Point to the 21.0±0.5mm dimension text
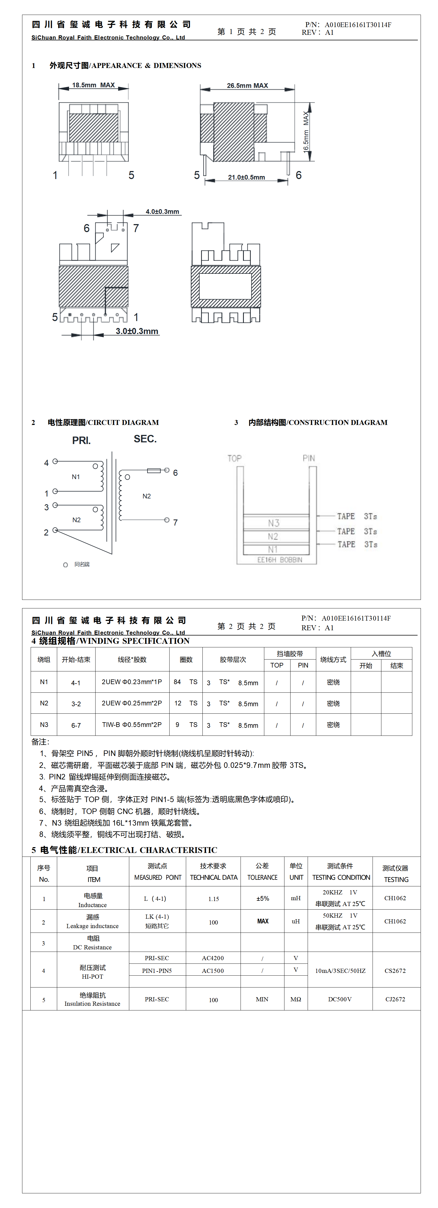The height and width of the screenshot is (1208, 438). (x=246, y=177)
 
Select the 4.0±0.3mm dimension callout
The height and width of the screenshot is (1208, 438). (x=162, y=211)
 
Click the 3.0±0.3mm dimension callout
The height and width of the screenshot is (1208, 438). (x=137, y=331)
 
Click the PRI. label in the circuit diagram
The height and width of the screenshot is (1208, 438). (x=81, y=440)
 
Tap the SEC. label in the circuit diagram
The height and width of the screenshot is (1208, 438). (x=145, y=439)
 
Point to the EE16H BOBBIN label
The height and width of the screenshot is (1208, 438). (x=279, y=560)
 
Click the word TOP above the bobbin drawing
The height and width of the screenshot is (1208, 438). (x=234, y=458)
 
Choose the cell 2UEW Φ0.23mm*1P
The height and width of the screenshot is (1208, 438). (x=132, y=682)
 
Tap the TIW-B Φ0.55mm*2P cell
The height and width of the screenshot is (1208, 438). (x=132, y=724)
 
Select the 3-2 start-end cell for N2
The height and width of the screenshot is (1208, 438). (x=76, y=704)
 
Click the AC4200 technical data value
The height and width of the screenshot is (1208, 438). (x=213, y=958)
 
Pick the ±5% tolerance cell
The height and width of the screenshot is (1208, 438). (x=263, y=899)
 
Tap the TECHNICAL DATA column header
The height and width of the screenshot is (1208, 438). (x=213, y=877)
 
